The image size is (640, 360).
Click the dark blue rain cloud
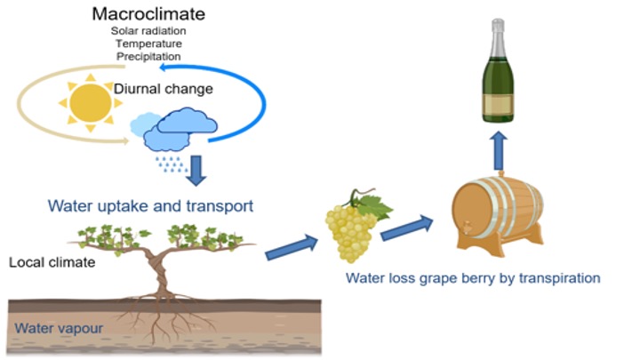(x=181, y=130)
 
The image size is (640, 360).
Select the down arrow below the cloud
(x=196, y=167)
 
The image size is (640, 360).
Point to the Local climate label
(x=45, y=263)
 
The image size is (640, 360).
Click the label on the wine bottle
(x=500, y=100)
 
